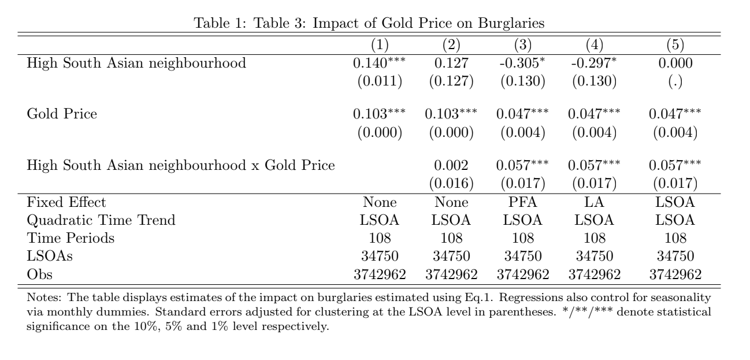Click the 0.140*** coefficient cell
pyautogui.click(x=379, y=63)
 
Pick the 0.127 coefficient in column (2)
pyautogui.click(x=451, y=63)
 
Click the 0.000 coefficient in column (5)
pyautogui.click(x=674, y=63)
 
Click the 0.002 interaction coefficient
pyautogui.click(x=451, y=165)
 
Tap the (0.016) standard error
pyautogui.click(x=451, y=184)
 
